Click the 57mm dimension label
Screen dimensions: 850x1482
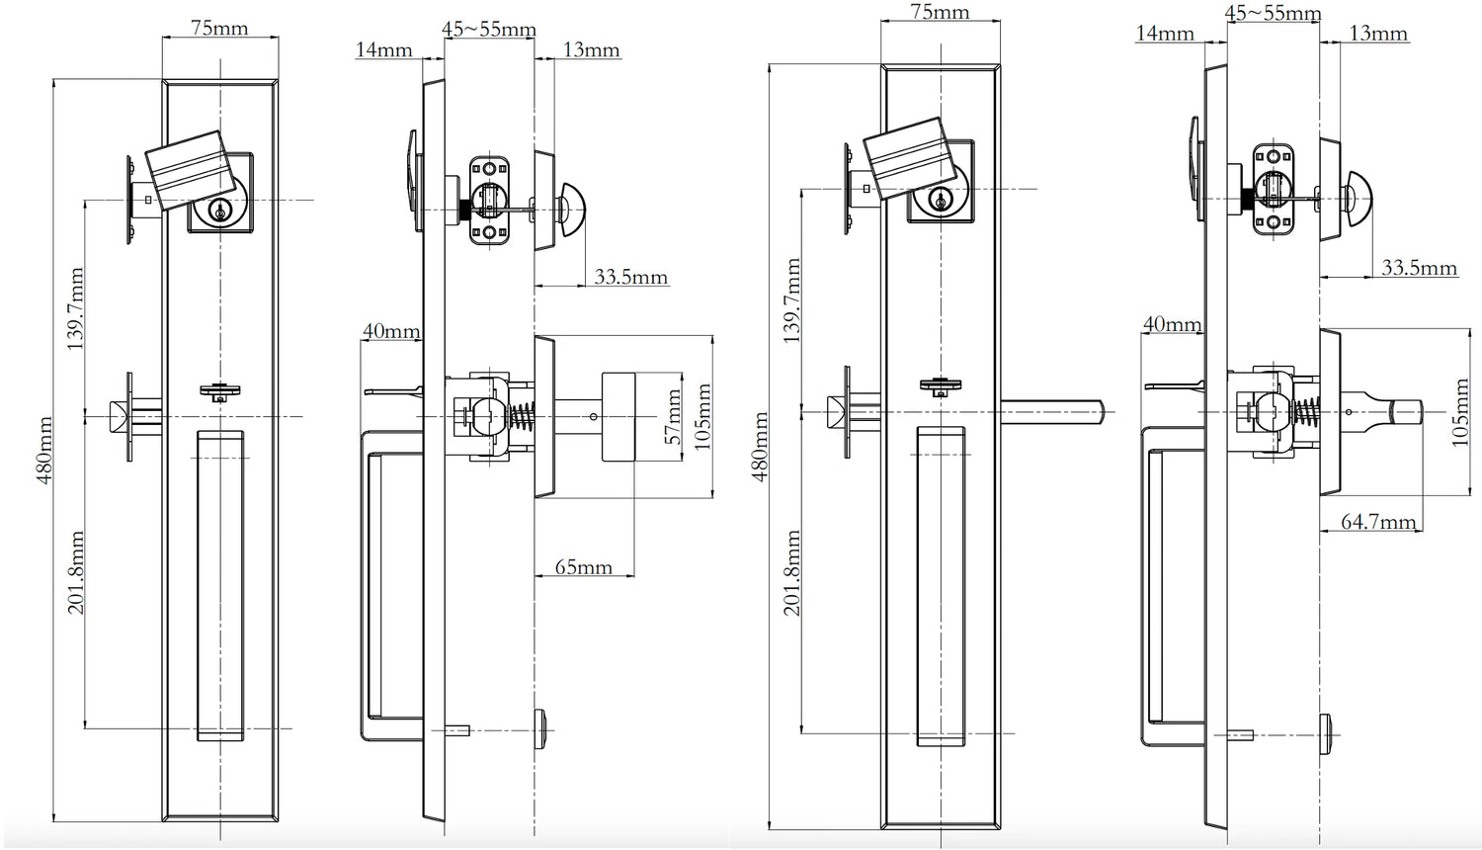(x=675, y=415)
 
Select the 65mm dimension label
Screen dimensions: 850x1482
(x=583, y=567)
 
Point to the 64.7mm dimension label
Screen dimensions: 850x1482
(x=1378, y=521)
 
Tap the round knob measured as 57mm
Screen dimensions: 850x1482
(x=618, y=416)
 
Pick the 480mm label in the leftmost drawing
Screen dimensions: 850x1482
(x=43, y=450)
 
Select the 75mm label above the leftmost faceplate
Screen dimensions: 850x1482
(x=218, y=28)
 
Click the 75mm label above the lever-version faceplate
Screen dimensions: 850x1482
(x=939, y=12)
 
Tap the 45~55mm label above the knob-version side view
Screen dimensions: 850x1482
(x=489, y=29)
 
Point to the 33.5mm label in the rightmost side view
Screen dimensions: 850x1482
(x=1419, y=267)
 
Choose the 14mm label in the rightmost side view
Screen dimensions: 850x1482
(x=1165, y=34)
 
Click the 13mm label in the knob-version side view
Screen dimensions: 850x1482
(x=591, y=49)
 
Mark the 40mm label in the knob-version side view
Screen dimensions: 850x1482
(x=390, y=331)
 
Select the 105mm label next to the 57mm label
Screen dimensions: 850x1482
(x=702, y=416)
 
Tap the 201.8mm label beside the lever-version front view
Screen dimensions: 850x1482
(x=792, y=573)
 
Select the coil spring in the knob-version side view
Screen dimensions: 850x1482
(x=523, y=415)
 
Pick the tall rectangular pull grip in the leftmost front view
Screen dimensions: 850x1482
(x=219, y=585)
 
